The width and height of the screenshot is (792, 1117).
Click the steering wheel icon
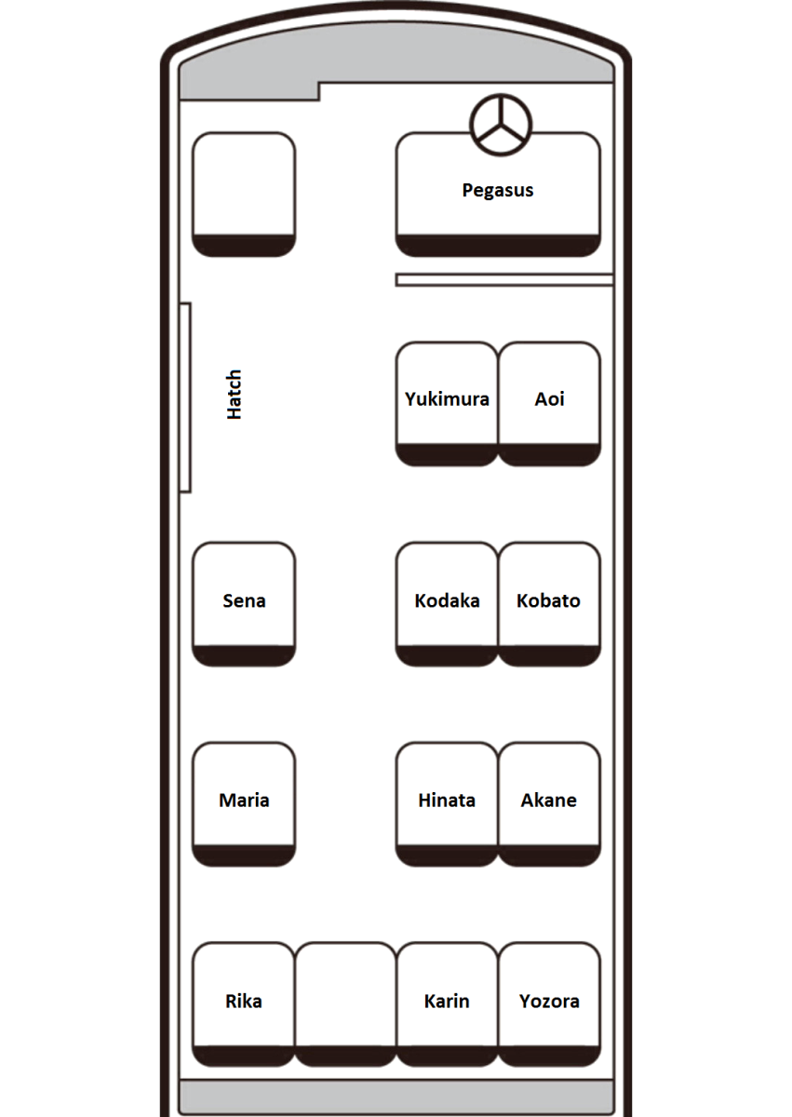tap(501, 125)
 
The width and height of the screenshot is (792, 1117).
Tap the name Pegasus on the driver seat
tap(497, 191)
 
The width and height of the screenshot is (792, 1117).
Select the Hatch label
tap(234, 395)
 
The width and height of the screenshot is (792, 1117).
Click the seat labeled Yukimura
tap(447, 404)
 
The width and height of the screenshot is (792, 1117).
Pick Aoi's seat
tap(549, 404)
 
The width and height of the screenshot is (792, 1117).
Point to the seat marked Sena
tap(244, 604)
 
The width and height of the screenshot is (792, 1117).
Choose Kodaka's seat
tap(447, 604)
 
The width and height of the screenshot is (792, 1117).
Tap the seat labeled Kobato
tap(549, 604)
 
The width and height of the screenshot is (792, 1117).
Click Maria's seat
tap(244, 804)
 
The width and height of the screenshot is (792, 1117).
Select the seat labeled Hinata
tap(447, 804)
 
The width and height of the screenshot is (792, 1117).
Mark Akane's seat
tap(549, 804)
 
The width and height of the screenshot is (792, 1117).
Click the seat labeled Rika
tap(244, 1004)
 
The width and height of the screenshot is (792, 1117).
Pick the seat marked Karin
tap(447, 1004)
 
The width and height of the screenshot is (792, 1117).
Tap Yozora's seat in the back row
tap(549, 1004)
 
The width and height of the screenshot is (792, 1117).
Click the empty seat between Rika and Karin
tap(345, 1004)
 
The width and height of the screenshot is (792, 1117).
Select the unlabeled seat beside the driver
tap(244, 195)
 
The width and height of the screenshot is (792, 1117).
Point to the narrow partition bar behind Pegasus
tap(504, 280)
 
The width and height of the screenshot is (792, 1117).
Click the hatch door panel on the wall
tap(185, 397)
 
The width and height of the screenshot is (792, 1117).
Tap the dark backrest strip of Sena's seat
tap(244, 655)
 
